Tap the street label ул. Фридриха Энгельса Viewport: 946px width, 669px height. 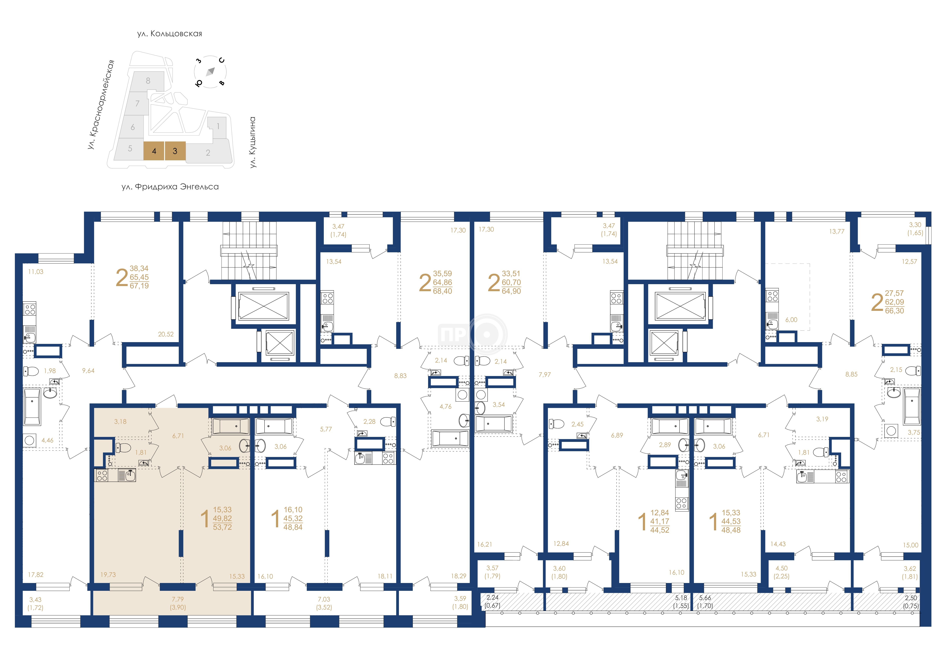tap(170, 187)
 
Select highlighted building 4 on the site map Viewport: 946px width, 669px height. tap(154, 151)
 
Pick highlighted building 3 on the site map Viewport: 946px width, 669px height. tap(175, 151)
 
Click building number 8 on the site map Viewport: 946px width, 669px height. tap(148, 81)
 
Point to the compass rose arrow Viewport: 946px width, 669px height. tap(211, 72)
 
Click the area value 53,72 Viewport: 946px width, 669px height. tap(223, 527)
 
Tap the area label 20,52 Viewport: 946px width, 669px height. tap(166, 334)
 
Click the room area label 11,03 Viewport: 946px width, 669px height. tap(36, 272)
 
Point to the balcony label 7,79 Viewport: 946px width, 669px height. tap(178, 599)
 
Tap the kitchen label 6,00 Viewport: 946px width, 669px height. tap(791, 320)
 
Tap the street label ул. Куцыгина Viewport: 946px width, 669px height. tap(253, 142)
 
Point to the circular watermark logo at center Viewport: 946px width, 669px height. tap(486, 334)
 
